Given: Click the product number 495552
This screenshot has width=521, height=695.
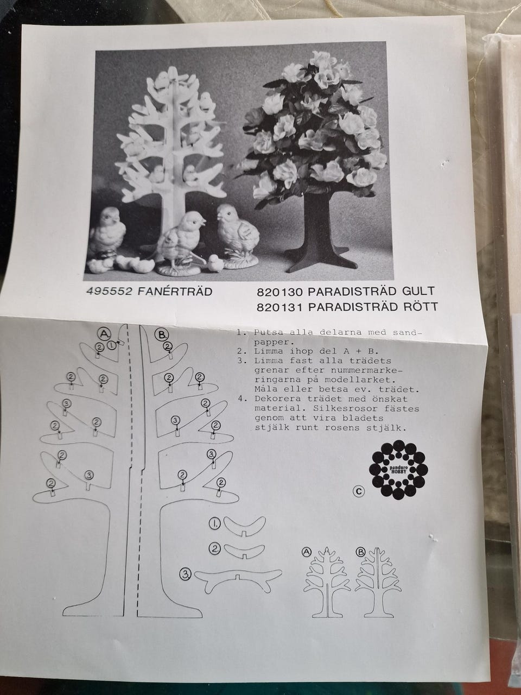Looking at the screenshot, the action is click(109, 291).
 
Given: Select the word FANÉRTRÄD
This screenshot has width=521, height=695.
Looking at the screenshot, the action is click(175, 291).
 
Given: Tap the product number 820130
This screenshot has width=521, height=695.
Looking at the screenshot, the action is click(280, 292).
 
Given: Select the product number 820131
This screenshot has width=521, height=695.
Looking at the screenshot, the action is click(280, 307).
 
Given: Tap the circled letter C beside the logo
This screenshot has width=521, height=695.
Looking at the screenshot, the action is click(358, 491).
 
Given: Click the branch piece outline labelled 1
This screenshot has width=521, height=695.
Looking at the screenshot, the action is click(245, 526).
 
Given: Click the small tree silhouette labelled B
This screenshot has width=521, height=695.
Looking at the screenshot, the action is click(378, 582).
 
